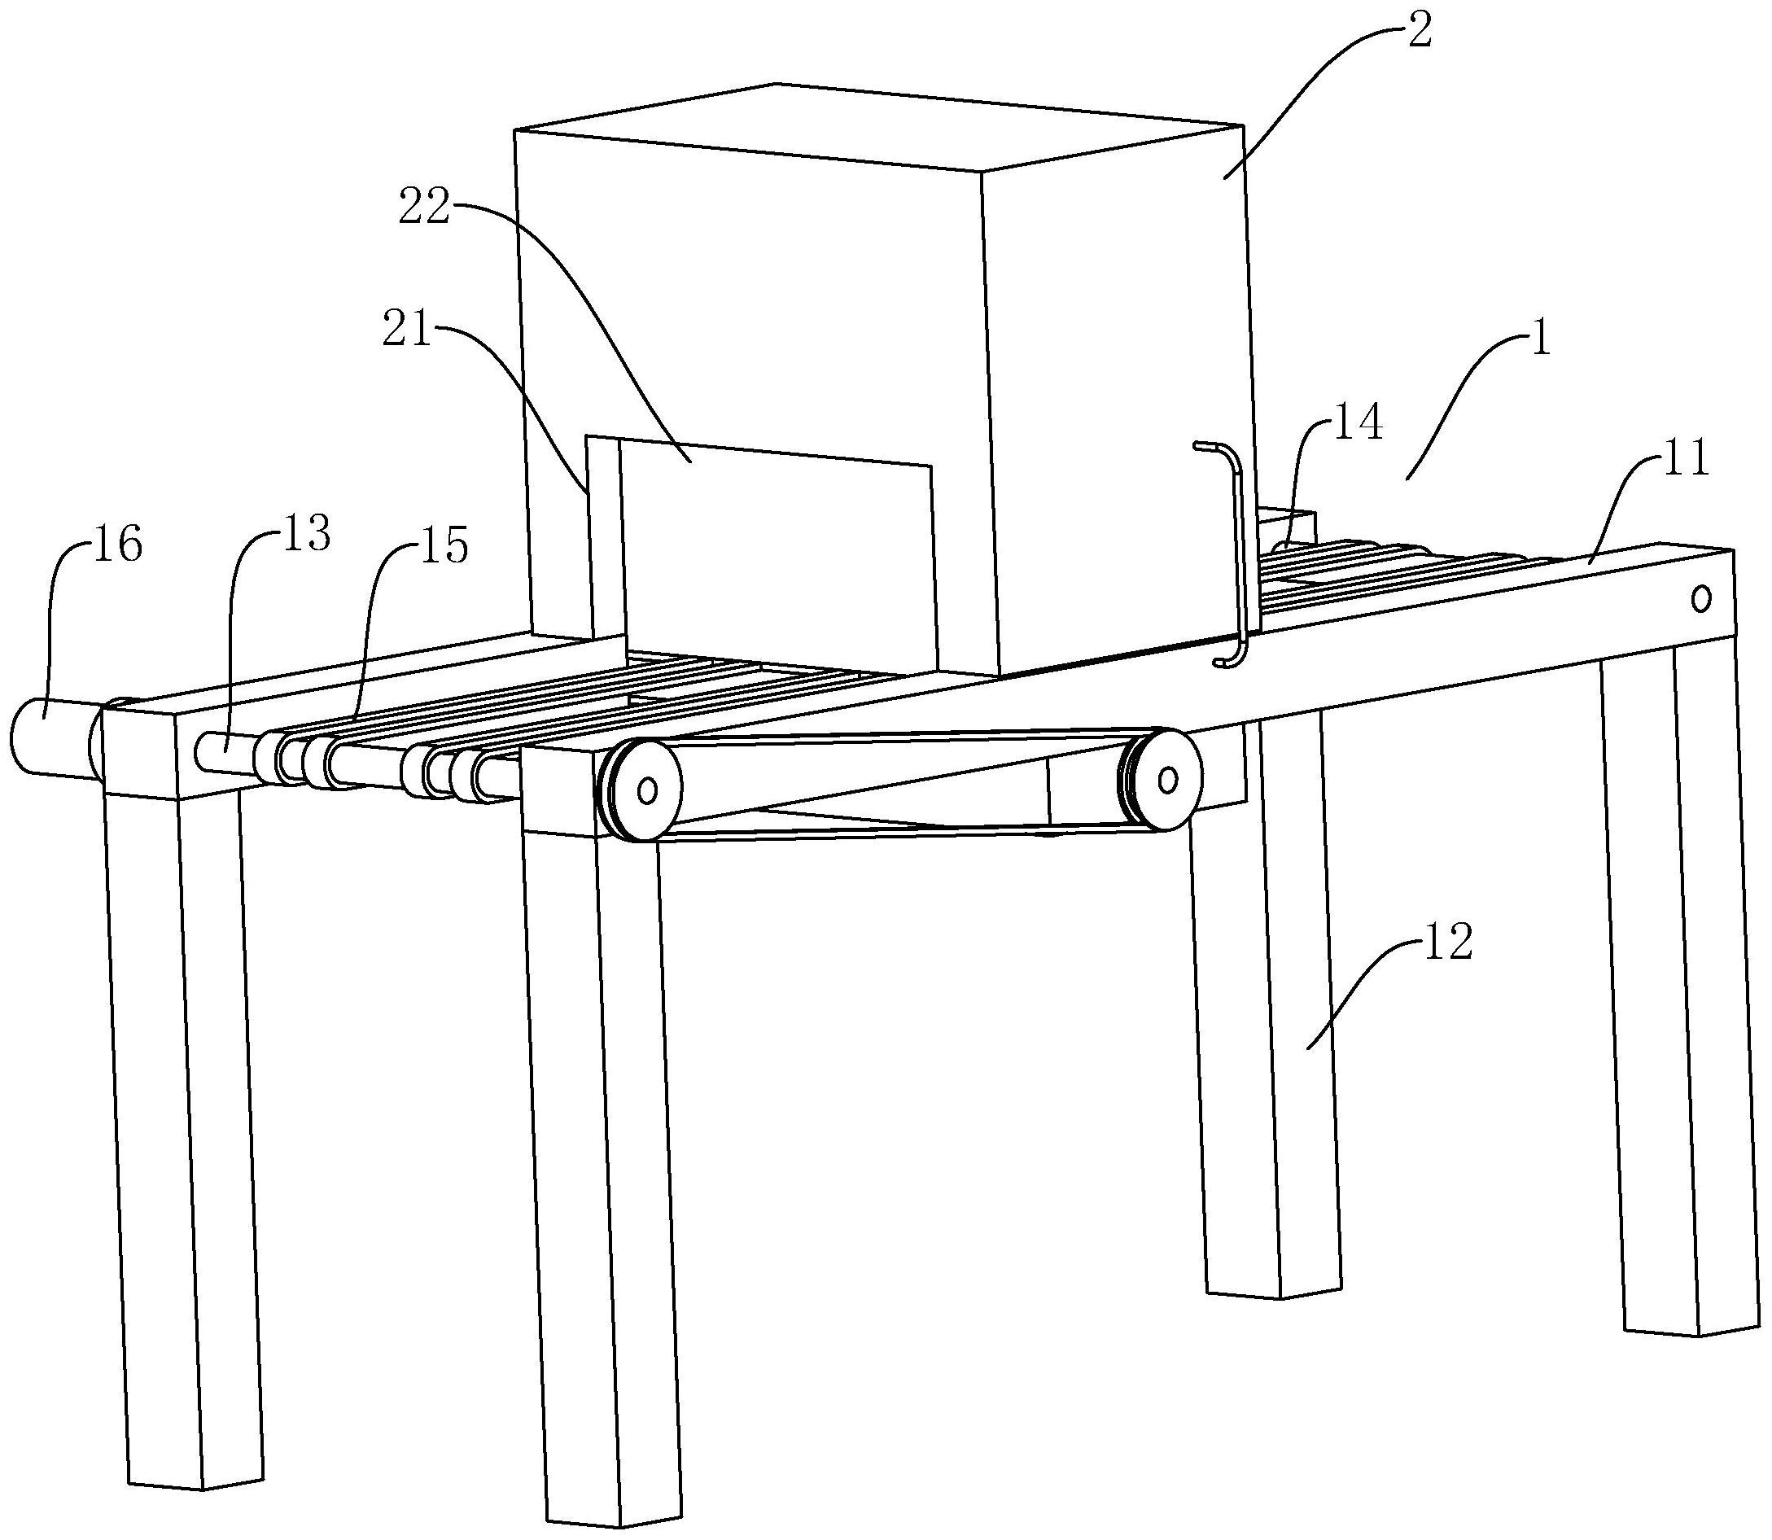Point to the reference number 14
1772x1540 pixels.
pos(1358,424)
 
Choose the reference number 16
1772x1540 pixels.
pos(118,545)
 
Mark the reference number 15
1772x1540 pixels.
pos(444,545)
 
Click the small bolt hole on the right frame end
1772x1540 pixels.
pos(1700,598)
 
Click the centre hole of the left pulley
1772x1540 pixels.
pos(647,788)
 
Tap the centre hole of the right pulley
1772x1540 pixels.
pos(1167,780)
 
